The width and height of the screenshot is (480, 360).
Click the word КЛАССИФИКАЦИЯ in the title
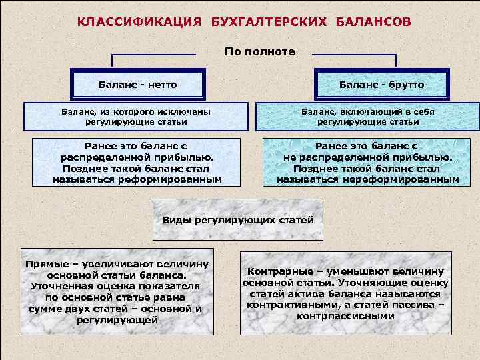pos(139,22)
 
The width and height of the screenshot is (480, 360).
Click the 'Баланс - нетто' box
pos(137,85)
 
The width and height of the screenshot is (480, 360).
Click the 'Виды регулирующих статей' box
pos(238,220)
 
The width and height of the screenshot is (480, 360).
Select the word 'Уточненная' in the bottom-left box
pos(58,285)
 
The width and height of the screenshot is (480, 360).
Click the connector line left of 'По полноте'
pos(153,54)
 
